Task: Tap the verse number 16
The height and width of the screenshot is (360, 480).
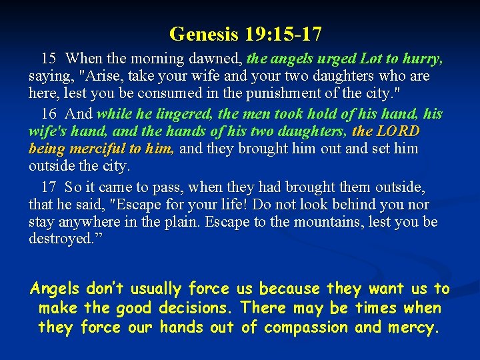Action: (x=49, y=113)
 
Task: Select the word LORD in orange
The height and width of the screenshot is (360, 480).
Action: (x=398, y=131)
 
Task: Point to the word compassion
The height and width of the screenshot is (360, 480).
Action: (x=307, y=327)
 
